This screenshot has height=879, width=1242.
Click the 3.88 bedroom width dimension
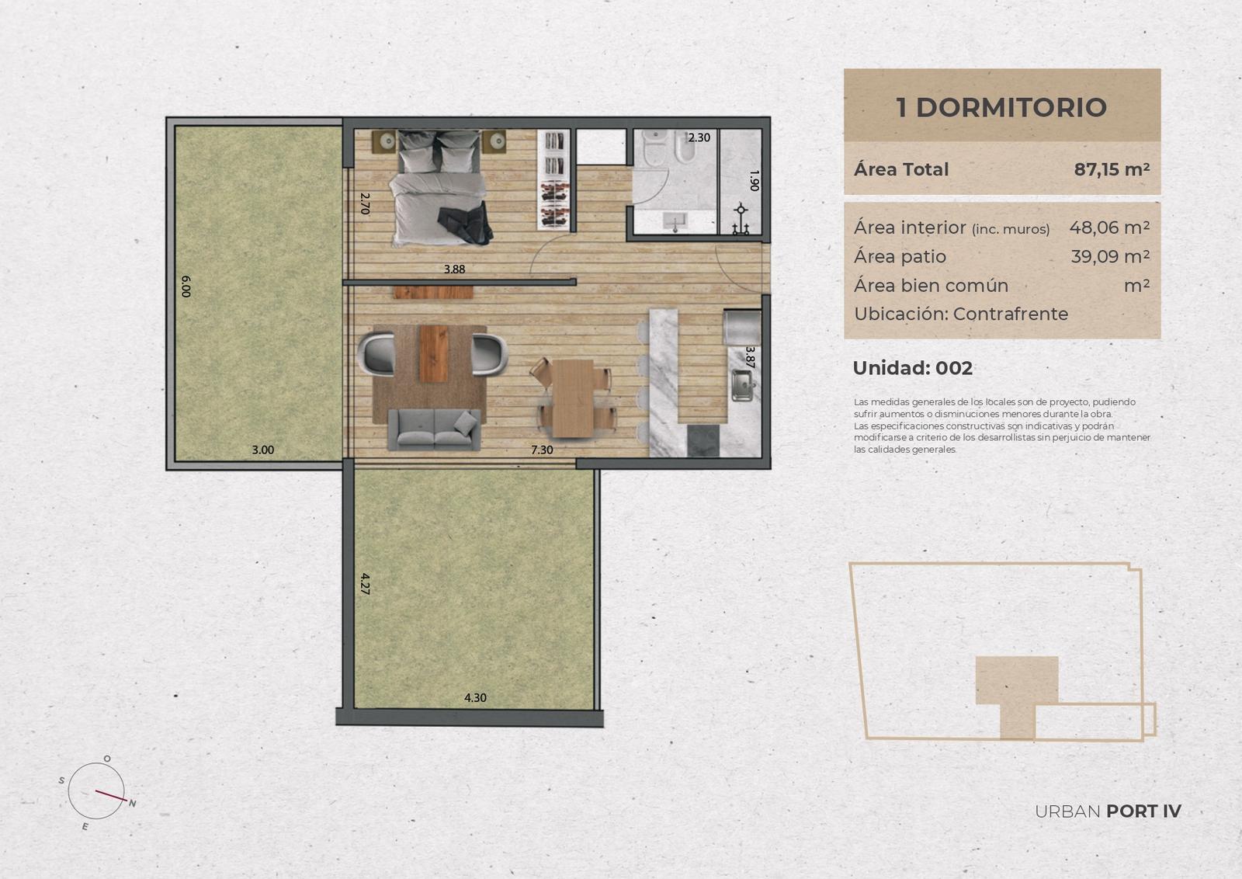coord(454,269)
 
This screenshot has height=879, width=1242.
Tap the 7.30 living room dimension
coord(542,450)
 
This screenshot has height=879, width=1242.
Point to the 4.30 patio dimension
coord(475,697)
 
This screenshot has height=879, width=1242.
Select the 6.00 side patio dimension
coord(186,287)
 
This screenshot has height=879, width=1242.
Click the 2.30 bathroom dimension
coord(699,137)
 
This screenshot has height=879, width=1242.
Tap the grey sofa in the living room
coord(434,429)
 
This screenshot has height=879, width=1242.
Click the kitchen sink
coord(742,385)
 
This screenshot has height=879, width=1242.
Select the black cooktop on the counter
coord(703,441)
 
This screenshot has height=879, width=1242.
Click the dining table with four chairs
coord(574,397)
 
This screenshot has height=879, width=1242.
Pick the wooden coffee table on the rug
coord(434,354)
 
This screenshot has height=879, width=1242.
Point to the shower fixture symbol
coord(741,219)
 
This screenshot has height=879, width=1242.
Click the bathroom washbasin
coord(675,222)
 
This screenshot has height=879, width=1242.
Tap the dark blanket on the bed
coord(467,223)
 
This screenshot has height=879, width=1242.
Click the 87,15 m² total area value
coord(1112,169)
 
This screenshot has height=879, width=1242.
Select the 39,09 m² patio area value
coord(1110,256)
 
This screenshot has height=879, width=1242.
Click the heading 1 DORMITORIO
coord(1001,107)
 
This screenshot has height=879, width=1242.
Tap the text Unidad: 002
coord(913,368)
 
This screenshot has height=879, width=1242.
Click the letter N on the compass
coord(133,804)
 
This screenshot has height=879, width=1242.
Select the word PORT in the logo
coord(1131,811)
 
